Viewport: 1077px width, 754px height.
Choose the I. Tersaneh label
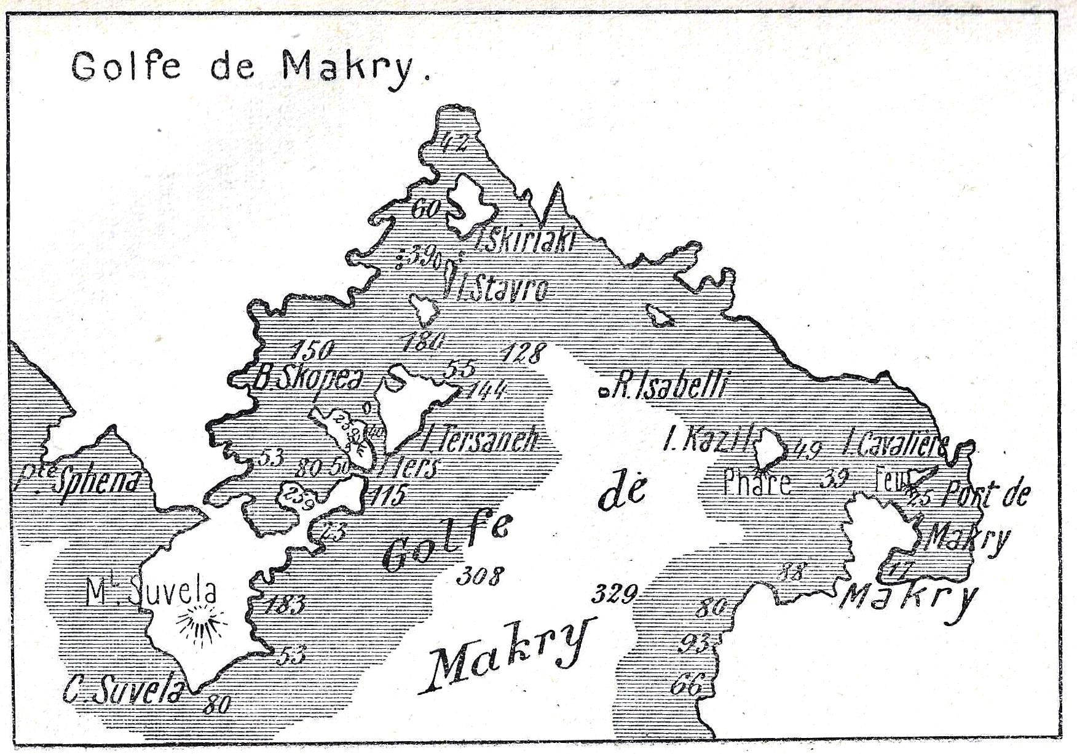point(480,439)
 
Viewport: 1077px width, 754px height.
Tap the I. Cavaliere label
point(897,444)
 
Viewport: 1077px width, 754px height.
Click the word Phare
point(756,482)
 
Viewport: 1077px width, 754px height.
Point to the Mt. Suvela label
point(151,592)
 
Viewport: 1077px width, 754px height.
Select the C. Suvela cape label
point(124,691)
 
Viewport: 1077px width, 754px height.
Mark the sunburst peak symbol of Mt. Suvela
point(200,623)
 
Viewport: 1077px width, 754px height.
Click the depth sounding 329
point(613,594)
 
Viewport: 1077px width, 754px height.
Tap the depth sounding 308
point(479,576)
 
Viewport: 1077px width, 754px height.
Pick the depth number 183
point(285,605)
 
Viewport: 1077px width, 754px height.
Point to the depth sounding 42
point(455,143)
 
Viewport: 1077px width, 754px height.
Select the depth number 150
point(313,351)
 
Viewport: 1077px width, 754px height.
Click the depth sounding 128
point(523,353)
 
